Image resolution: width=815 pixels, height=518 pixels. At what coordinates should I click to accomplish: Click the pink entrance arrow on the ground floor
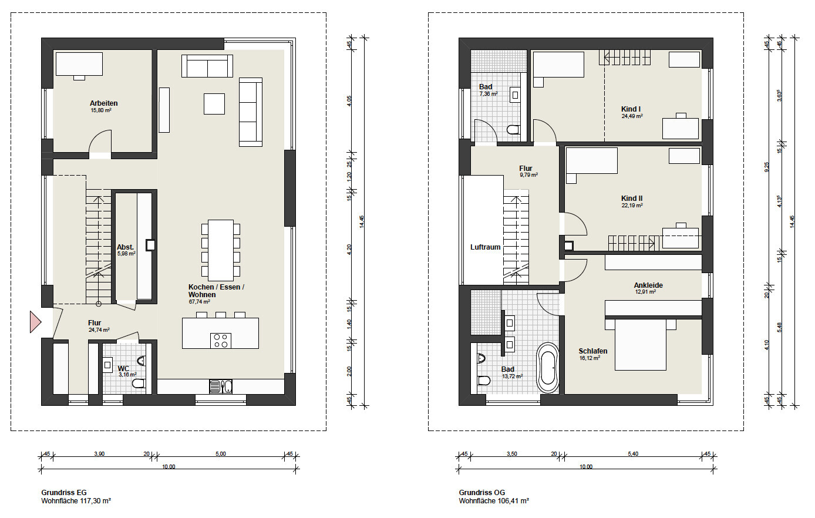pyautogui.click(x=35, y=321)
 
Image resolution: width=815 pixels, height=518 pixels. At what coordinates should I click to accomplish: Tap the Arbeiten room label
pyautogui.click(x=104, y=103)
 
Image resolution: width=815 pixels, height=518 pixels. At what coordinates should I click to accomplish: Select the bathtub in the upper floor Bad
pyautogui.click(x=548, y=367)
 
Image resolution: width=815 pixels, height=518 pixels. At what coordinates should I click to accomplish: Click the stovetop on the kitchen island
pyautogui.click(x=221, y=341)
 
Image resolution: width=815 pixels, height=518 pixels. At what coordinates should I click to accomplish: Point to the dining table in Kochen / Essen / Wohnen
pyautogui.click(x=221, y=250)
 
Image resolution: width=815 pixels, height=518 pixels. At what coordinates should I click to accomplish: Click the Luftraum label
pyautogui.click(x=486, y=247)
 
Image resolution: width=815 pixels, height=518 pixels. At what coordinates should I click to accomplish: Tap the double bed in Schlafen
pyautogui.click(x=641, y=344)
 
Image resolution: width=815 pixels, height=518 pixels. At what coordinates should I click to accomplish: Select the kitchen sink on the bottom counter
pyautogui.click(x=221, y=386)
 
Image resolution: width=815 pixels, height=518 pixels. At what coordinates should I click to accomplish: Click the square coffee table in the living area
pyautogui.click(x=214, y=104)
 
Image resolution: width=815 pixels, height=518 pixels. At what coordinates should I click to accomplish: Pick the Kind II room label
pyautogui.click(x=632, y=199)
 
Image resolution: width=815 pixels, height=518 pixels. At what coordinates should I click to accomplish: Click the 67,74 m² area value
pyautogui.click(x=199, y=302)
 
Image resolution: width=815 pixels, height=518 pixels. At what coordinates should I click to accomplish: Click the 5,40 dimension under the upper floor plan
pyautogui.click(x=633, y=453)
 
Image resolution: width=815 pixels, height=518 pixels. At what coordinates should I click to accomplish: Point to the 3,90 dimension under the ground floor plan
pyautogui.click(x=99, y=453)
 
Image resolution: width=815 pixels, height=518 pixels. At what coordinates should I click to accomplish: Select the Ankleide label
pyautogui.click(x=648, y=285)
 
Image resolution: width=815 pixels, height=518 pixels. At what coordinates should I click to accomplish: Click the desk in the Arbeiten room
pyautogui.click(x=79, y=64)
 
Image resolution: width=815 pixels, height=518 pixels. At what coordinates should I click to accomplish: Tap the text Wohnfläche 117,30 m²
pyautogui.click(x=76, y=501)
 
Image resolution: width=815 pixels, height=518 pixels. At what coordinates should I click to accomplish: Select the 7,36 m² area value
pyautogui.click(x=489, y=94)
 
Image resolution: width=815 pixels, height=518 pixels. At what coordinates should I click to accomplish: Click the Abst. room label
pyautogui.click(x=125, y=247)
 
